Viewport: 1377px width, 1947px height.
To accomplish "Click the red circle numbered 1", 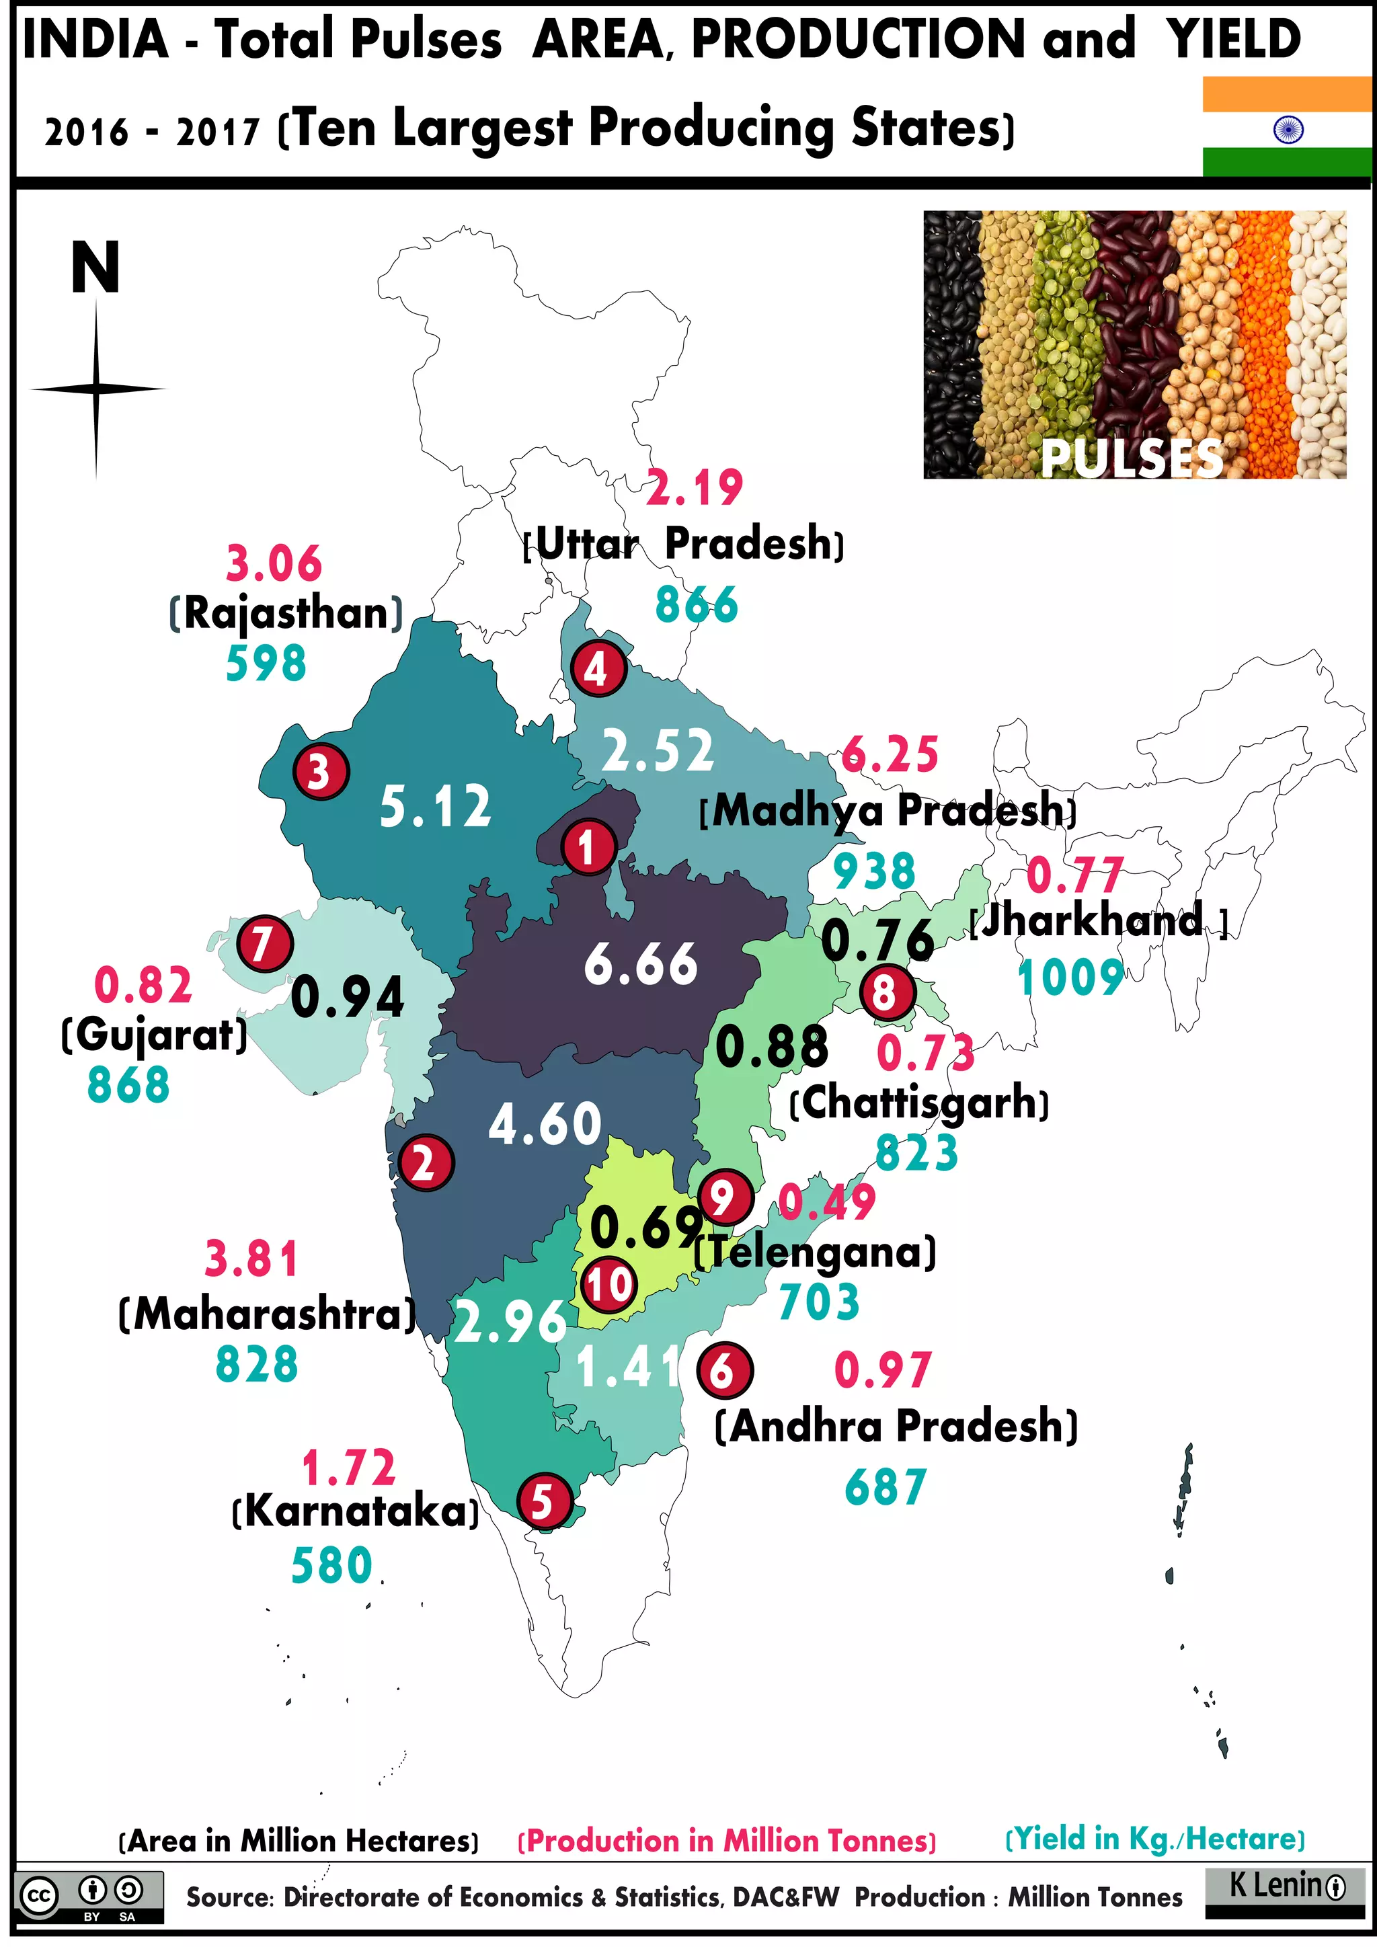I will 587,846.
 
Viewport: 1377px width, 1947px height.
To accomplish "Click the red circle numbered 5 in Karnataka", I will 543,1502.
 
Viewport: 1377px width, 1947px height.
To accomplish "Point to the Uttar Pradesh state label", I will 683,543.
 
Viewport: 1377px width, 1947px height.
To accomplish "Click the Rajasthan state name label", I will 286,612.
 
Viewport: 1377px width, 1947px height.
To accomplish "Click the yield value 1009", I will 1069,977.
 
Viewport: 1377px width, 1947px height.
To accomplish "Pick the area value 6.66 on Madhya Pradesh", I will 640,964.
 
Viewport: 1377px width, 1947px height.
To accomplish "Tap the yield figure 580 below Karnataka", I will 331,1565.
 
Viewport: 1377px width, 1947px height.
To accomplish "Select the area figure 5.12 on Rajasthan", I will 435,805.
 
